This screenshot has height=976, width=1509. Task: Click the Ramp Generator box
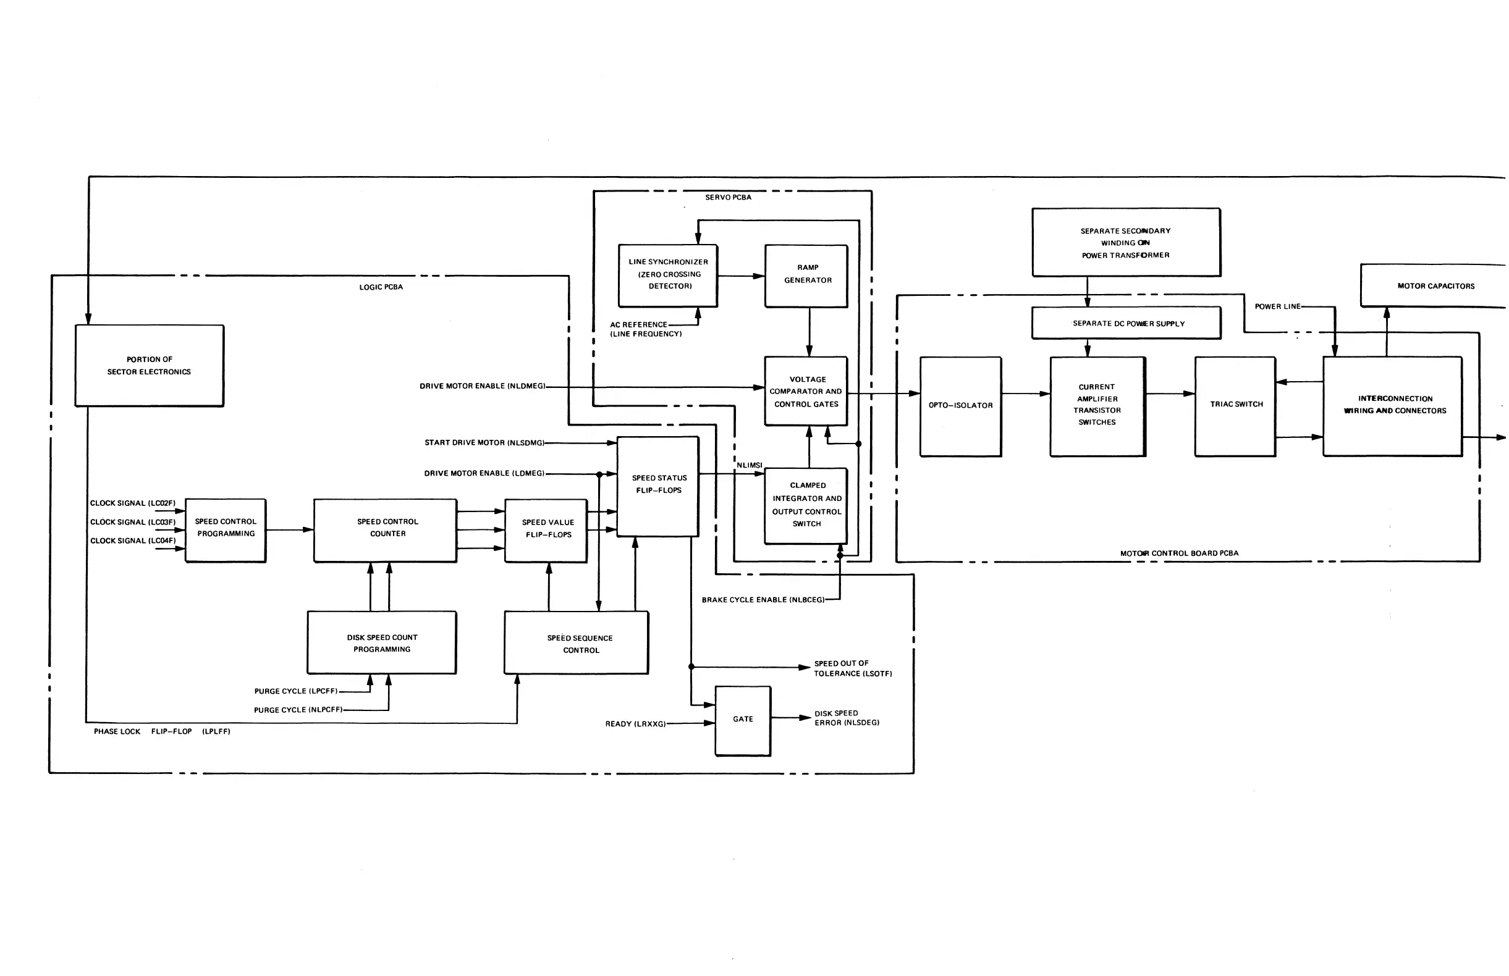click(x=806, y=276)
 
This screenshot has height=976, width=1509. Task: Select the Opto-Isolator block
click(x=960, y=406)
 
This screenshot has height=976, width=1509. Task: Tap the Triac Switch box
click(x=1235, y=406)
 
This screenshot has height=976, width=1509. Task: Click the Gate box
click(x=743, y=721)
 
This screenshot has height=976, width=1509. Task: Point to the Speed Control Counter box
click(x=385, y=530)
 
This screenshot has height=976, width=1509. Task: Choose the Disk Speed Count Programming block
click(x=382, y=642)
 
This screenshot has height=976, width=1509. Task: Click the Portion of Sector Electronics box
click(x=150, y=366)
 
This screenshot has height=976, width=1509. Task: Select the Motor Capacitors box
click(x=1435, y=286)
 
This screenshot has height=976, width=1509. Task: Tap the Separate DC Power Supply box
click(x=1126, y=323)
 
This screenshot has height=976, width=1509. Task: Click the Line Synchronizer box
click(x=668, y=275)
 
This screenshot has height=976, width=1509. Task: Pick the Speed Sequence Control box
click(x=577, y=642)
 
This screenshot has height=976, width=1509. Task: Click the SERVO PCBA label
click(x=728, y=198)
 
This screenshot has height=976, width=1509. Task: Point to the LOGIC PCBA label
click(x=381, y=287)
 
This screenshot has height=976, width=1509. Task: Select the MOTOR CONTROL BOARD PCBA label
click(x=1179, y=553)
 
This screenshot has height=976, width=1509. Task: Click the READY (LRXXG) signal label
click(x=635, y=724)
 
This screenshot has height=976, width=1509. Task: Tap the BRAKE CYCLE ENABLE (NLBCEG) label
click(x=763, y=600)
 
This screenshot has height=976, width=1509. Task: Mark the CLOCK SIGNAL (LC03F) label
click(x=132, y=522)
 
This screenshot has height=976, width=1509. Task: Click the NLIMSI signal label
click(x=750, y=465)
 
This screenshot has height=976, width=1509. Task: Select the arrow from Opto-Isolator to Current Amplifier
click(x=1026, y=393)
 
